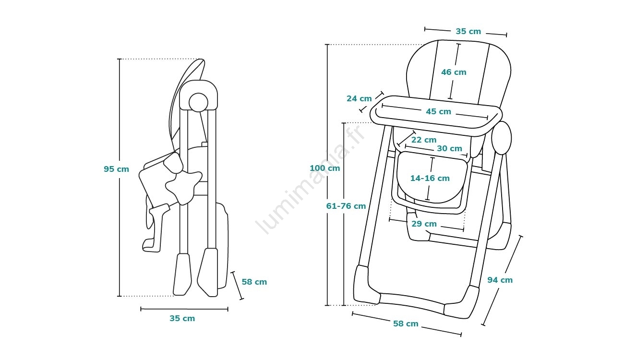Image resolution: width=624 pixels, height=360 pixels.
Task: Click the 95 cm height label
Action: click(116, 169)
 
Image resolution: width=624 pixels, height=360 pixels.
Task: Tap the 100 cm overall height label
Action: click(324, 168)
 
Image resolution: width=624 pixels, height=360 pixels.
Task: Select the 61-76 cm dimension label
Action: click(346, 206)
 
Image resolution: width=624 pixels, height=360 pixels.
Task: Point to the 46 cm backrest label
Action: click(454, 72)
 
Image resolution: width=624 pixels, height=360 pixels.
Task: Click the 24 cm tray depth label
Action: click(359, 98)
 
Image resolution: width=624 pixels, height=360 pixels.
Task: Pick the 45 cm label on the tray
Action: click(438, 111)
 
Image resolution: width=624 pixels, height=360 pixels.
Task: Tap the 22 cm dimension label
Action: click(424, 140)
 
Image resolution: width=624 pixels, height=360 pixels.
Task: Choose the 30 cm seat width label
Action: click(449, 148)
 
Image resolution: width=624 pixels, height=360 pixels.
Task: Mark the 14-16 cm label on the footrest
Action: click(430, 178)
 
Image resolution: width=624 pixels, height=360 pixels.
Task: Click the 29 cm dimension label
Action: click(424, 224)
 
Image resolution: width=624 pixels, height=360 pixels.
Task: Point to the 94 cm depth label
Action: click(500, 280)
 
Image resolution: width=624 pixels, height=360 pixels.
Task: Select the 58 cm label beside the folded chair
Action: click(254, 282)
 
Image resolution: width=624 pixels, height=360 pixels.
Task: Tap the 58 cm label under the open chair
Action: click(406, 324)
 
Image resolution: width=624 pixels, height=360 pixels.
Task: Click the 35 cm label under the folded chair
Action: click(182, 318)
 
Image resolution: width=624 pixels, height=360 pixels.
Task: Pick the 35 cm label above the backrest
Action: click(468, 31)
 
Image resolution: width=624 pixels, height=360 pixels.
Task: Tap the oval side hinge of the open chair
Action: click(502, 137)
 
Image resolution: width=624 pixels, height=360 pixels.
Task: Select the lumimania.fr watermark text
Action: click(312, 180)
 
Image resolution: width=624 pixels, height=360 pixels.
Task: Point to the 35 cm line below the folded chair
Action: click(184, 309)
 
